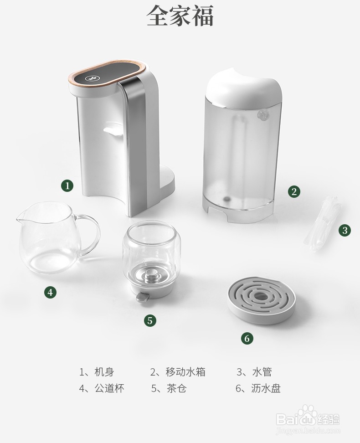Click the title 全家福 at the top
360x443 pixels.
(x=180, y=16)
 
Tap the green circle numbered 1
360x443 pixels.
(x=67, y=185)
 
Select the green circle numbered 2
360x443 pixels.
(x=294, y=191)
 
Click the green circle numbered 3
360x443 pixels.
(x=345, y=230)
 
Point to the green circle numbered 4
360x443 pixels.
(x=50, y=292)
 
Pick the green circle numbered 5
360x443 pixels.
(x=150, y=320)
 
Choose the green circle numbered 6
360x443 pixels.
(x=247, y=338)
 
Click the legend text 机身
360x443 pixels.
(x=104, y=372)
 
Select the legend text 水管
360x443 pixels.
(x=262, y=372)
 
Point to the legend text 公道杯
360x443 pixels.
(x=109, y=388)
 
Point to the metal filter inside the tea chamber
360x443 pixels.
(x=149, y=276)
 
